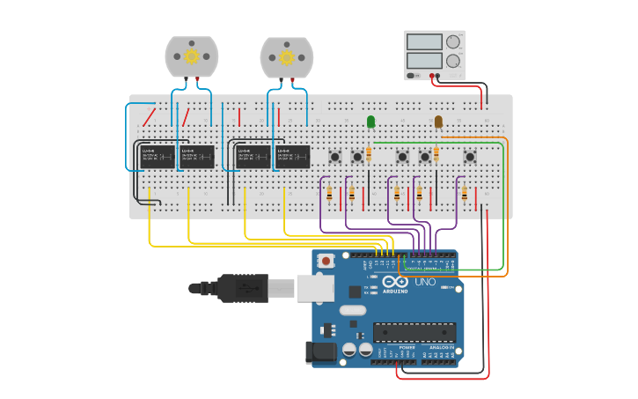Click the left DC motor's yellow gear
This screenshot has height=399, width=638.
(191, 56)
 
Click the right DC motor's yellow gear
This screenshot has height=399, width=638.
(286, 57)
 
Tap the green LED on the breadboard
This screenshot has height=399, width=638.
(370, 122)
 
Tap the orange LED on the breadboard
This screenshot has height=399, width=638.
(438, 122)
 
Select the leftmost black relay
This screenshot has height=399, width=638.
(158, 157)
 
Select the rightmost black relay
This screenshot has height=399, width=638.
(291, 157)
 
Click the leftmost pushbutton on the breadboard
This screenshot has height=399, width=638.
(335, 157)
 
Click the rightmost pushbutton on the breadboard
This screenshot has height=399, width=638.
(470, 157)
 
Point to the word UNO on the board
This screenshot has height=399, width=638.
(425, 282)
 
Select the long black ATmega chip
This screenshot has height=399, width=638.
(414, 332)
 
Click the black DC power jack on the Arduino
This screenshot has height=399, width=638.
(321, 352)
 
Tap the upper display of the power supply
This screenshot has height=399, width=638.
(424, 41)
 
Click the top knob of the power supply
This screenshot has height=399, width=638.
(453, 41)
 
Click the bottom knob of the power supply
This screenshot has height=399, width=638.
(453, 61)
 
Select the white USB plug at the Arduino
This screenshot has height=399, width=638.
(312, 287)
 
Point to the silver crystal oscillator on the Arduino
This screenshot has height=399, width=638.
(352, 310)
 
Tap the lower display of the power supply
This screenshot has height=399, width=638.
(424, 61)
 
